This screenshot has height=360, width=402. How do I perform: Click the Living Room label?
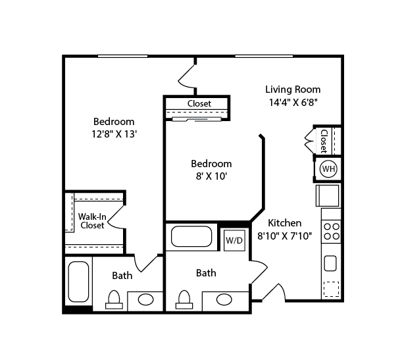[x=293, y=90]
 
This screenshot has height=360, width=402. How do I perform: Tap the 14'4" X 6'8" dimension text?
[x=293, y=102]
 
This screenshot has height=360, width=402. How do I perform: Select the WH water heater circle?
[x=328, y=169]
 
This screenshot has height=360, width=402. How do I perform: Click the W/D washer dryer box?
[x=234, y=240]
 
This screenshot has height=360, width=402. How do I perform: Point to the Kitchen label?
[x=284, y=223]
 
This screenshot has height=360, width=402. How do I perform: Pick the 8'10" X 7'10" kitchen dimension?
[x=284, y=235]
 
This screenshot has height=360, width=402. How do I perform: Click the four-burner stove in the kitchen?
[x=332, y=231]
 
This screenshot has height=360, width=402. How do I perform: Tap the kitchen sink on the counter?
[x=330, y=263]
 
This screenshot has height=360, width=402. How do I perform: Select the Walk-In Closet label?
[x=92, y=220]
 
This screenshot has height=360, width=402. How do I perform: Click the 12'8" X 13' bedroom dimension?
[x=114, y=134]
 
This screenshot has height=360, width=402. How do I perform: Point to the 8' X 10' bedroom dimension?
[x=211, y=176]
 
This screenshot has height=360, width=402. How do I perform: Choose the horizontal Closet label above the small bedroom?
[x=199, y=104]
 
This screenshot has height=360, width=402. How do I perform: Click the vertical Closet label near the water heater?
[x=324, y=140]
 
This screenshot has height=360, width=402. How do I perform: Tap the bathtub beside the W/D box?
[x=191, y=236]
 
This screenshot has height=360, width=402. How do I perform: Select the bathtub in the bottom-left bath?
[x=78, y=282]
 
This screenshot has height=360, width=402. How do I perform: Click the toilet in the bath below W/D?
[x=184, y=299]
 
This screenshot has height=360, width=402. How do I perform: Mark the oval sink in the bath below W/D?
[x=224, y=299]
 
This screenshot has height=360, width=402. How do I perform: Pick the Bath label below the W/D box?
[x=206, y=272]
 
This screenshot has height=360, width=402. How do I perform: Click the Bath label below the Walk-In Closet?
[x=122, y=276]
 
